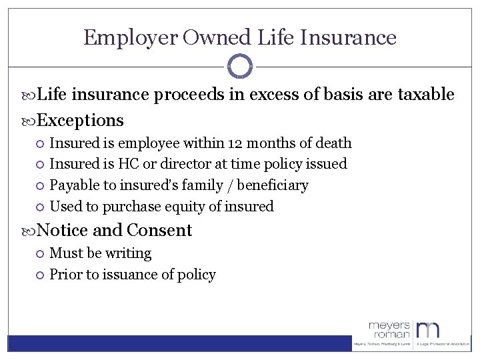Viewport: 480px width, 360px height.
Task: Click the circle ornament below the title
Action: tap(240, 66)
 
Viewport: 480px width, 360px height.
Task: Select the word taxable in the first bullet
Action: tap(425, 95)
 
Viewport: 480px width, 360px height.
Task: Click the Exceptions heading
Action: tap(80, 120)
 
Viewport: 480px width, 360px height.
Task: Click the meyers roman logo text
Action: tap(390, 330)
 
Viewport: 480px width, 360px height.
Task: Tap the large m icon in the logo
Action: tap(429, 330)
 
